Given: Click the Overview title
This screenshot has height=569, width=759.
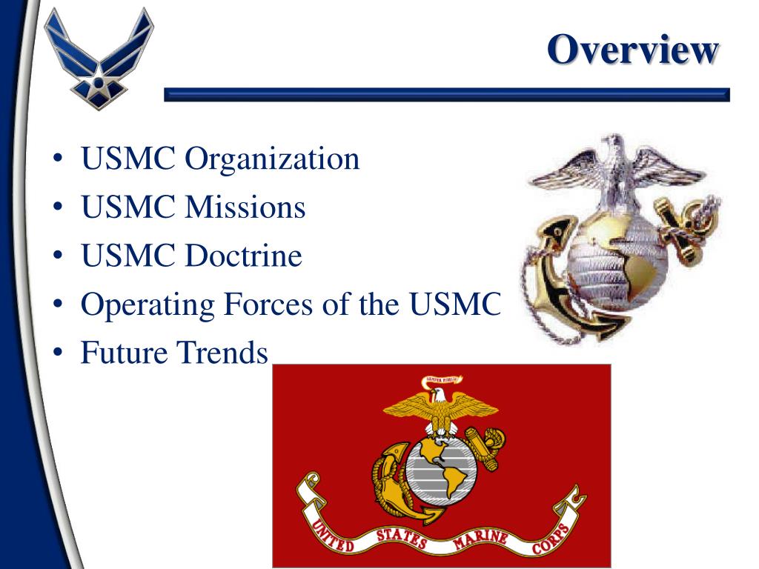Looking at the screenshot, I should click(633, 50).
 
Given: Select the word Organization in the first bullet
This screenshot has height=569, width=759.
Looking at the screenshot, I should click(272, 159).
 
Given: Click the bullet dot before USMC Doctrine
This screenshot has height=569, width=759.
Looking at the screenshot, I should click(58, 258).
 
